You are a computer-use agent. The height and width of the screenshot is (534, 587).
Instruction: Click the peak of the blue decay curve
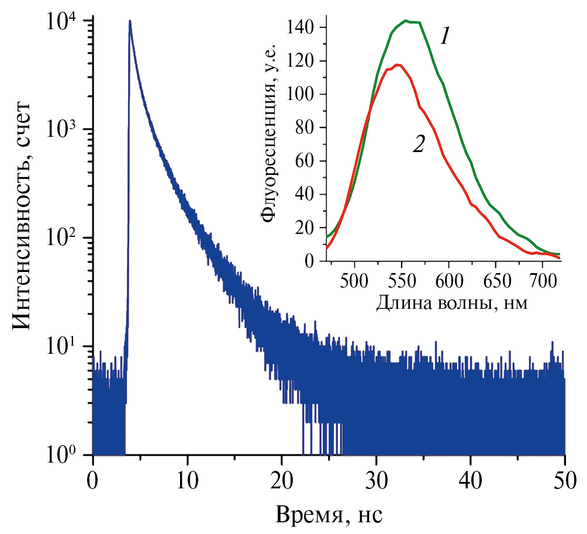point(130,22)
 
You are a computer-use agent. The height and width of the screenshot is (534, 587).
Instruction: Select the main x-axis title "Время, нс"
point(329,515)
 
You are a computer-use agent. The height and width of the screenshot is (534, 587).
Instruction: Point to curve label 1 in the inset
point(445,38)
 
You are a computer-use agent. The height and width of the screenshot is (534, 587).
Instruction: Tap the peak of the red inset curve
point(398,65)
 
